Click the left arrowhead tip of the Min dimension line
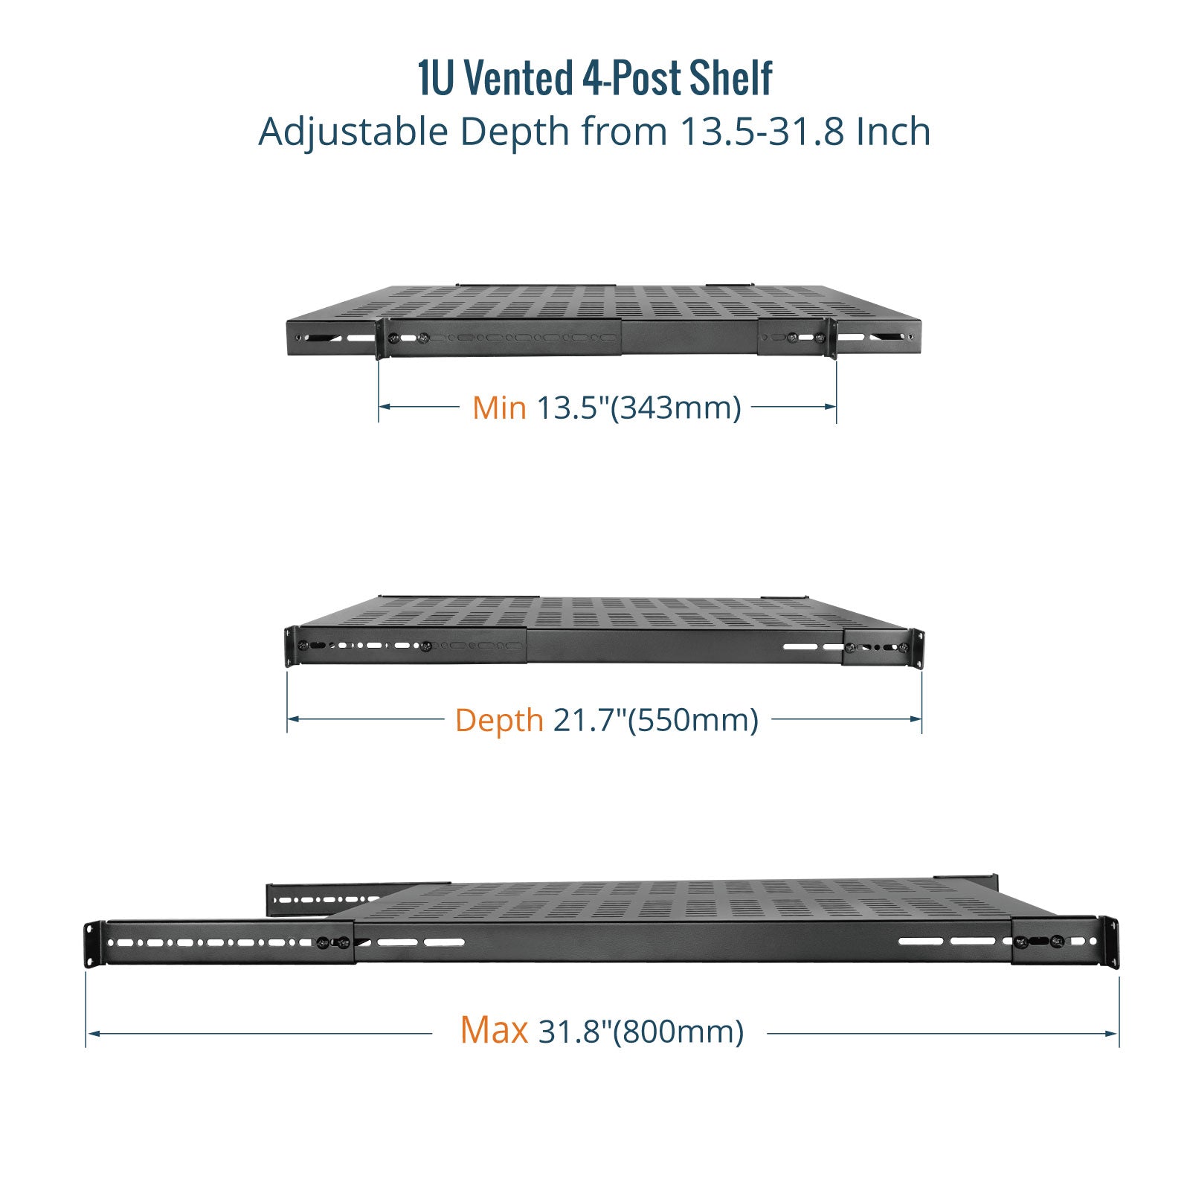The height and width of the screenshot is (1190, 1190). point(379,406)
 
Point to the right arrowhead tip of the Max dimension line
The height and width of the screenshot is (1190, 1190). point(1118,1033)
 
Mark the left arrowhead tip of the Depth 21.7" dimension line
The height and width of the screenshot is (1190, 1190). point(288,719)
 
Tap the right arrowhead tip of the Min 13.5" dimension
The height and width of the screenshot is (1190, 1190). point(836,406)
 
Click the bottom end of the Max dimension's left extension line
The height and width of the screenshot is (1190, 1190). point(86,1047)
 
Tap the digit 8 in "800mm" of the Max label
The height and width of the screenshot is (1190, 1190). point(631,1032)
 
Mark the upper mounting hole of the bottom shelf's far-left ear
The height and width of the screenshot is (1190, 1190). point(91,930)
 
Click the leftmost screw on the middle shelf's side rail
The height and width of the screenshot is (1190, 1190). point(303,646)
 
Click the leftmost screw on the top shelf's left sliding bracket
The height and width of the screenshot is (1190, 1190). point(393,338)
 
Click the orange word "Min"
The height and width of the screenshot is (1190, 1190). point(499,408)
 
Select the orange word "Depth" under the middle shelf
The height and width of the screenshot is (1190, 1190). point(499,721)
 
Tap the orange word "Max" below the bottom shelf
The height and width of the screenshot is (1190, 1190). point(494,1030)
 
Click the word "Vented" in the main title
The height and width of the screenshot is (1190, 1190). point(519,78)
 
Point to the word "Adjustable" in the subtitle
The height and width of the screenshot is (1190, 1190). point(353,132)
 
